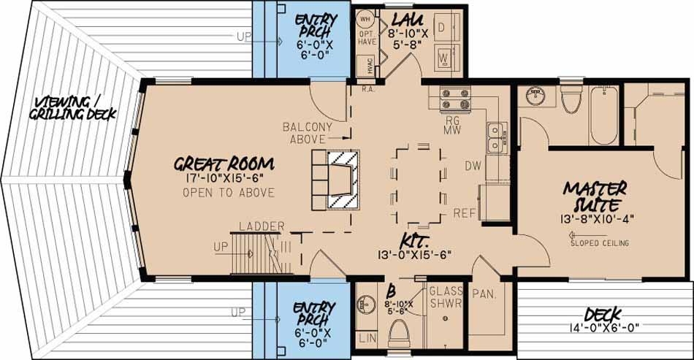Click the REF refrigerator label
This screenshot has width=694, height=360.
point(465,213)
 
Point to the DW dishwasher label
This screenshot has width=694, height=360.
point(473,166)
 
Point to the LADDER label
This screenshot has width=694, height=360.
point(261,226)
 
